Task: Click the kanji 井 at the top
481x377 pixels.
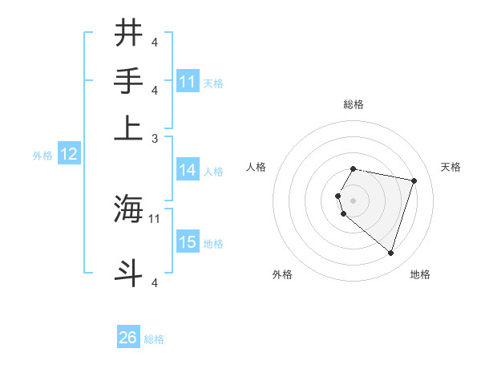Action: coord(129,33)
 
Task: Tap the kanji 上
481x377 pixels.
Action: coord(129,128)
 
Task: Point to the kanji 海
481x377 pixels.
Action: coord(129,209)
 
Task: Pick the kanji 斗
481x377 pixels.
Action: coord(129,272)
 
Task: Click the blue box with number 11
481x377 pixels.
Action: coord(188,82)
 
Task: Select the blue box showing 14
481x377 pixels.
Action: coord(188,170)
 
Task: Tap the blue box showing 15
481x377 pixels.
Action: coord(188,242)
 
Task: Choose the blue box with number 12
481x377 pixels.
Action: coord(69,155)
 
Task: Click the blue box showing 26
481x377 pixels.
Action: coord(128,338)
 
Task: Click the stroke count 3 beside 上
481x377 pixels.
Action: coord(155,138)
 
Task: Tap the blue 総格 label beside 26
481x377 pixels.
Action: coord(154,339)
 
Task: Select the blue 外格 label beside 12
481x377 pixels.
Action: coord(42,156)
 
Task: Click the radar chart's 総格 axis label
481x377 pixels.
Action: coord(353,104)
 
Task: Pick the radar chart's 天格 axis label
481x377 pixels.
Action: coord(451,167)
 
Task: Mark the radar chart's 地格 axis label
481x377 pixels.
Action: coord(420,274)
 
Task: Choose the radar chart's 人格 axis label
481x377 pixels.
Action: coord(257,167)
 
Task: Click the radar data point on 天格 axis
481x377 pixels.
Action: coord(414,180)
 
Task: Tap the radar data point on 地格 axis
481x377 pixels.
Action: coord(390,253)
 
